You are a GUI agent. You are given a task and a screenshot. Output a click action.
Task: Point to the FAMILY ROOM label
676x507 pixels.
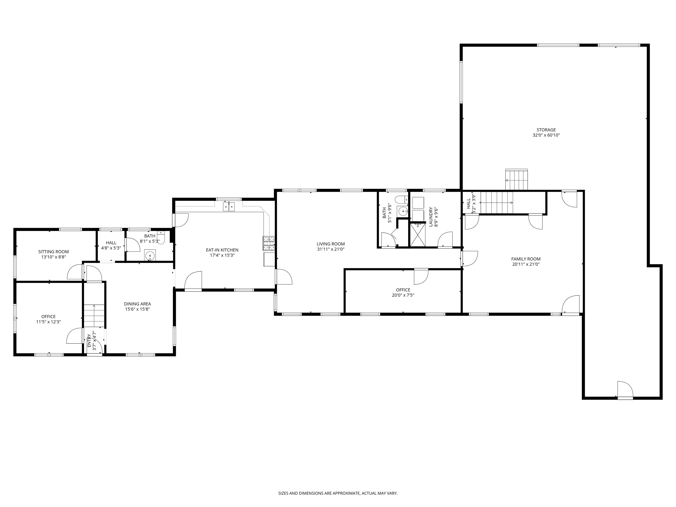coord(526,259)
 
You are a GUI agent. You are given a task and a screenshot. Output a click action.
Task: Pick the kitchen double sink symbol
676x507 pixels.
coord(229,207)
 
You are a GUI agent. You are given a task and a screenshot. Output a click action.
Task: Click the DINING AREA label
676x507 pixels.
coord(137,304)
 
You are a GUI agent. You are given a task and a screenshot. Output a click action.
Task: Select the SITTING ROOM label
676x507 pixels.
coord(53,252)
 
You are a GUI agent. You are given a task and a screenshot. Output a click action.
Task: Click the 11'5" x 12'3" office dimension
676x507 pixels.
coord(49,322)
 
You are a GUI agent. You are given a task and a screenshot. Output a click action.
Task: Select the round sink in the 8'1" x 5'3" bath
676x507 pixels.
coord(150,255)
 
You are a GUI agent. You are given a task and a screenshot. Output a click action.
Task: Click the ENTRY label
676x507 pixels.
coord(89,340)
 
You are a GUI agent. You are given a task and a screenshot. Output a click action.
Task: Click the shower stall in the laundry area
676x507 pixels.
coord(417,234)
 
